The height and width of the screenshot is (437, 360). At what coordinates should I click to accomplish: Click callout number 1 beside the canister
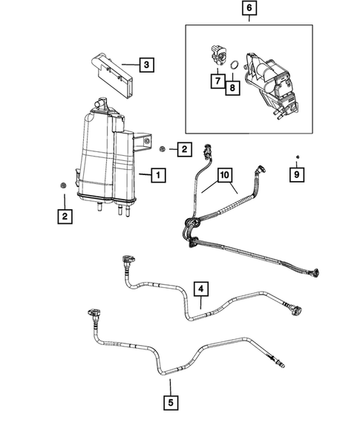coord(157,176)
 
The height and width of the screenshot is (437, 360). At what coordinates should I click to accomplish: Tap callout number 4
coord(201,287)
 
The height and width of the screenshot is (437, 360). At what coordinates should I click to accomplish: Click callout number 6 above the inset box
coord(249,10)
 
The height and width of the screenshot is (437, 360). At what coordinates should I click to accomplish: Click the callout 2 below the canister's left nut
coord(65,217)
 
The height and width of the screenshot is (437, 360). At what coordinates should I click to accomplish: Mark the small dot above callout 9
coord(297,157)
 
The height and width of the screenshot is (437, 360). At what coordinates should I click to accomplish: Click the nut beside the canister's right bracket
coord(162,148)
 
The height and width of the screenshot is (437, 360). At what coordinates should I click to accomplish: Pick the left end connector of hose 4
coord(126,261)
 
